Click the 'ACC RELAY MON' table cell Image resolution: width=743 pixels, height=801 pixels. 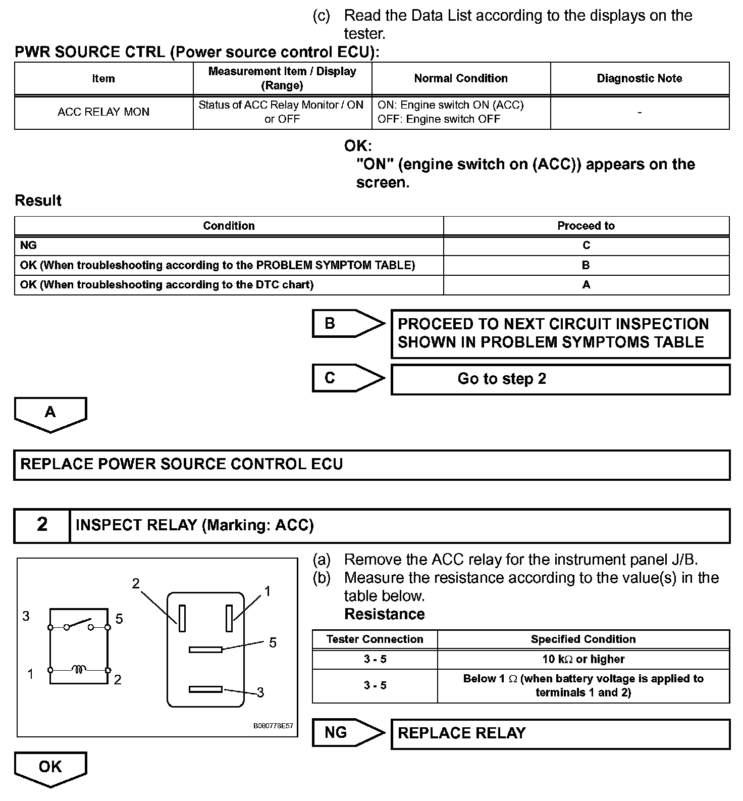[x=103, y=112]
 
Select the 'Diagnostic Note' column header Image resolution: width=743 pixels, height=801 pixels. [x=639, y=78]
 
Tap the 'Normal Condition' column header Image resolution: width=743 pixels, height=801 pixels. [x=460, y=78]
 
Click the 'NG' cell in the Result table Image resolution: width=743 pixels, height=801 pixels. [x=229, y=245]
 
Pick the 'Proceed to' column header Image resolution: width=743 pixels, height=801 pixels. [x=586, y=226]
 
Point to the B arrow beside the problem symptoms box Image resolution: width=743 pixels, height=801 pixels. [x=347, y=323]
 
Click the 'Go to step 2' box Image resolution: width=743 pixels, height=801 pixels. [x=560, y=379]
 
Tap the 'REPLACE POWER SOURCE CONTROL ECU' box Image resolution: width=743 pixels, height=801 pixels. [x=371, y=465]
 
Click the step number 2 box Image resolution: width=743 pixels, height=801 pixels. [x=42, y=525]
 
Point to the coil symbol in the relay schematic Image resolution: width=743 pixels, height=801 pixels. [x=79, y=670]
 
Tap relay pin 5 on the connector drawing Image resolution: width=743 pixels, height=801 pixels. [x=205, y=649]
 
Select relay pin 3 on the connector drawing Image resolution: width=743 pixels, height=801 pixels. [x=205, y=689]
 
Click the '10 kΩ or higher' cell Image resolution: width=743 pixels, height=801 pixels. [x=583, y=659]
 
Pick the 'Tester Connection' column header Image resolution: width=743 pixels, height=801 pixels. [x=375, y=639]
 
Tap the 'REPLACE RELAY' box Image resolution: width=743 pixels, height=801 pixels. [x=560, y=733]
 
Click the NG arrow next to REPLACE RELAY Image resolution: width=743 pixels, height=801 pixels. [x=347, y=732]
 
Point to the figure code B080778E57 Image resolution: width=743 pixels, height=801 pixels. [x=273, y=726]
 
